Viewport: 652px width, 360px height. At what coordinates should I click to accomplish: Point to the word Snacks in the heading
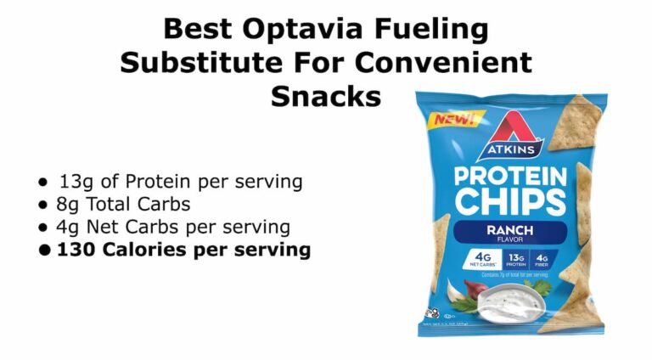click(326, 95)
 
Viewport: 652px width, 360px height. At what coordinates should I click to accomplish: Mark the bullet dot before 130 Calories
click(44, 251)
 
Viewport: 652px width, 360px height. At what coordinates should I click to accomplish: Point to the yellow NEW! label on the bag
click(454, 118)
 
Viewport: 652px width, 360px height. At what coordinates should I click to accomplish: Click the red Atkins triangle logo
click(509, 131)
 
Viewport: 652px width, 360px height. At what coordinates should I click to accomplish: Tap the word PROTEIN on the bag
click(509, 177)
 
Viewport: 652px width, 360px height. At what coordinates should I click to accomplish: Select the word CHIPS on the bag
click(509, 203)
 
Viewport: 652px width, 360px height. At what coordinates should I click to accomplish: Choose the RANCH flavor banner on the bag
click(509, 232)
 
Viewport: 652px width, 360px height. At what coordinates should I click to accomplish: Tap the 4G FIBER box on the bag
click(542, 259)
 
